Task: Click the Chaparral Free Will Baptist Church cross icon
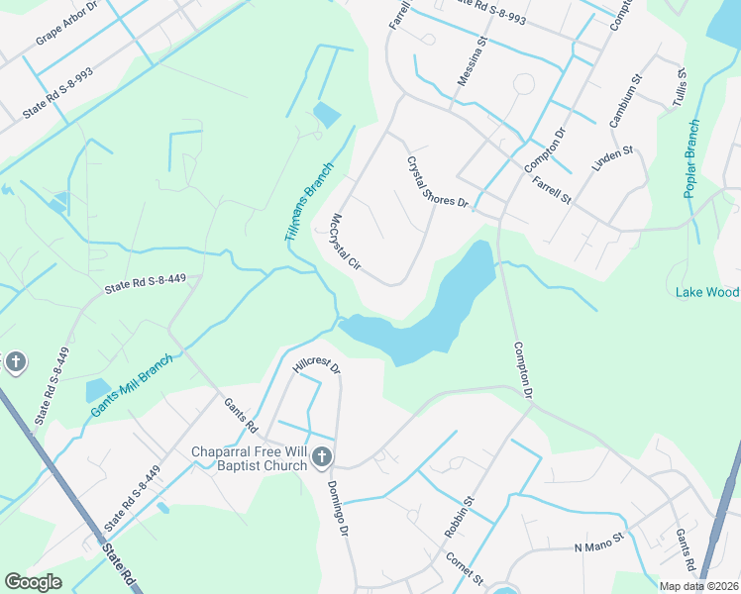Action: (321, 456)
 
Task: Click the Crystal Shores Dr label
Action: (437, 182)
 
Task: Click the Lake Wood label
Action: (707, 292)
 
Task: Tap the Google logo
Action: (33, 582)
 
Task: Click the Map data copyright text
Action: (698, 586)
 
